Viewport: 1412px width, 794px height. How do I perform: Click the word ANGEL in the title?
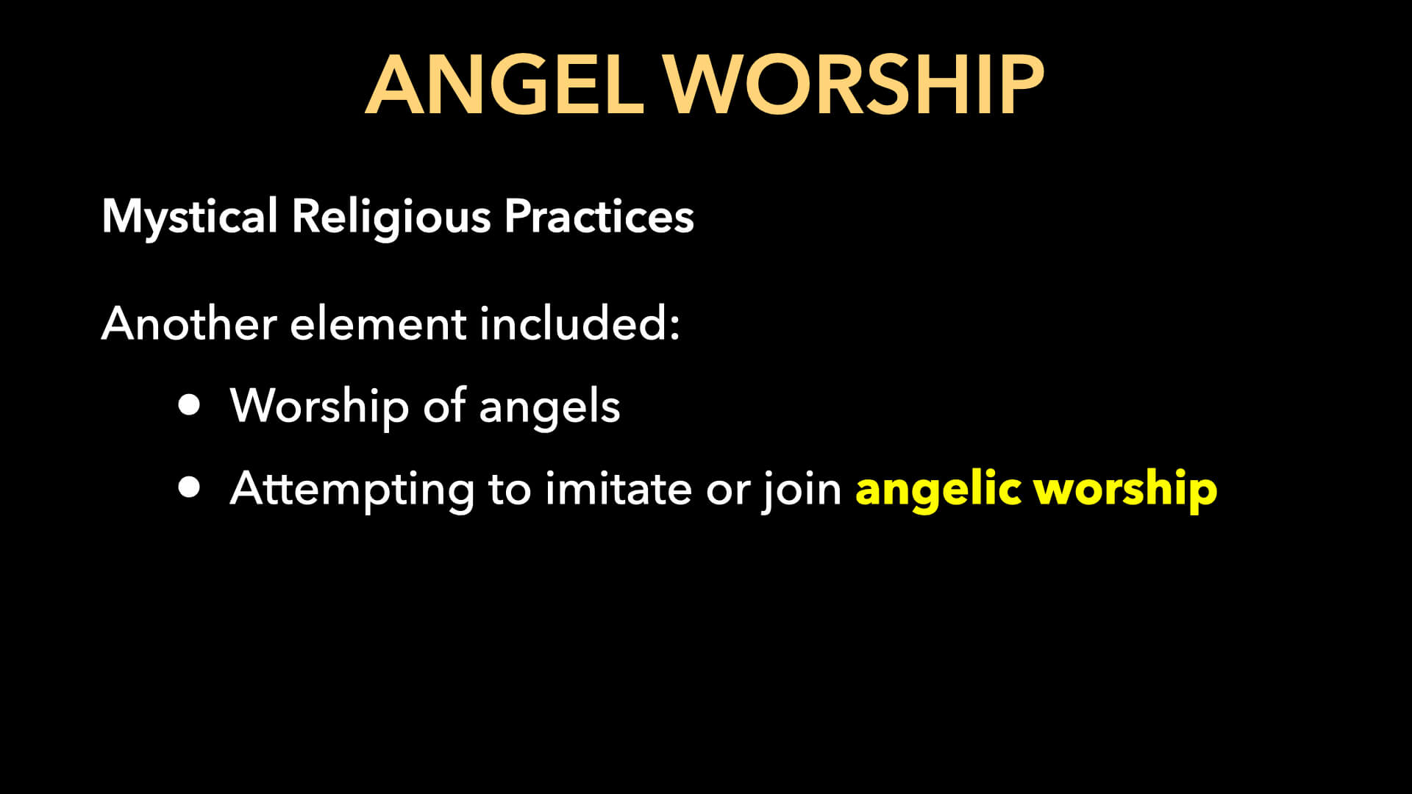tap(504, 85)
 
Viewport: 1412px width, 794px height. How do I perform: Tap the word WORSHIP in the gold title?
tap(854, 85)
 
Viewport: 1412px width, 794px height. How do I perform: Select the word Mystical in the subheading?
tap(189, 217)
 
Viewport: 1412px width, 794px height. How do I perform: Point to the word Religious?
tap(391, 217)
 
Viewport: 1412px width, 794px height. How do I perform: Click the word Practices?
tap(599, 217)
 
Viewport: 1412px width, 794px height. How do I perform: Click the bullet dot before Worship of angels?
tap(190, 405)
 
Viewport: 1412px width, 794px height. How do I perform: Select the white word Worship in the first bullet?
tap(319, 406)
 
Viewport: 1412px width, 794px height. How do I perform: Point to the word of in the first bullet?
tap(444, 406)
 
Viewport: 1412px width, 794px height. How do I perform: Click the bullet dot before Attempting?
tap(190, 487)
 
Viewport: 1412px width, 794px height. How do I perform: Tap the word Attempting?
tap(352, 490)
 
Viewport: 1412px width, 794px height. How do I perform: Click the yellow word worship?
tap(1125, 490)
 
